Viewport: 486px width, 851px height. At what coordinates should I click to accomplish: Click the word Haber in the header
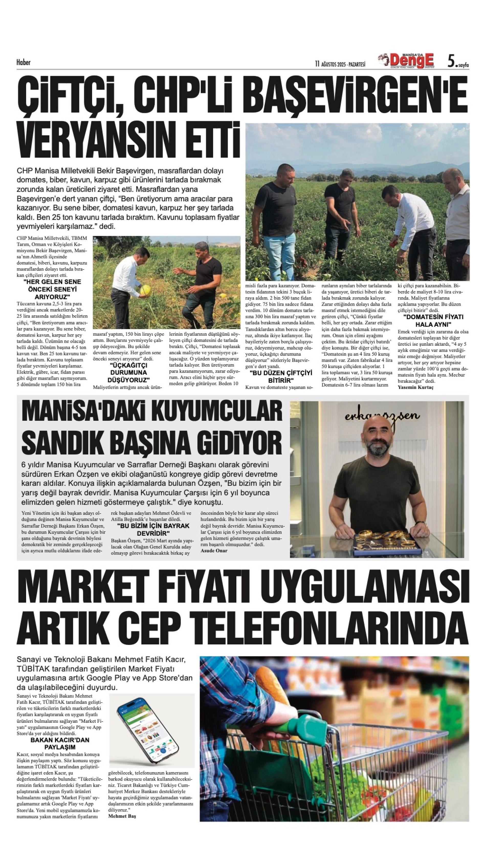click(x=23, y=62)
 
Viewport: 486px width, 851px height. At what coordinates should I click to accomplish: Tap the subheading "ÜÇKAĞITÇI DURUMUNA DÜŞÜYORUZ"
click(x=128, y=373)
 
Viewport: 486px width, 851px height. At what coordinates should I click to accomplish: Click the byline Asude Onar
click(x=214, y=551)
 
